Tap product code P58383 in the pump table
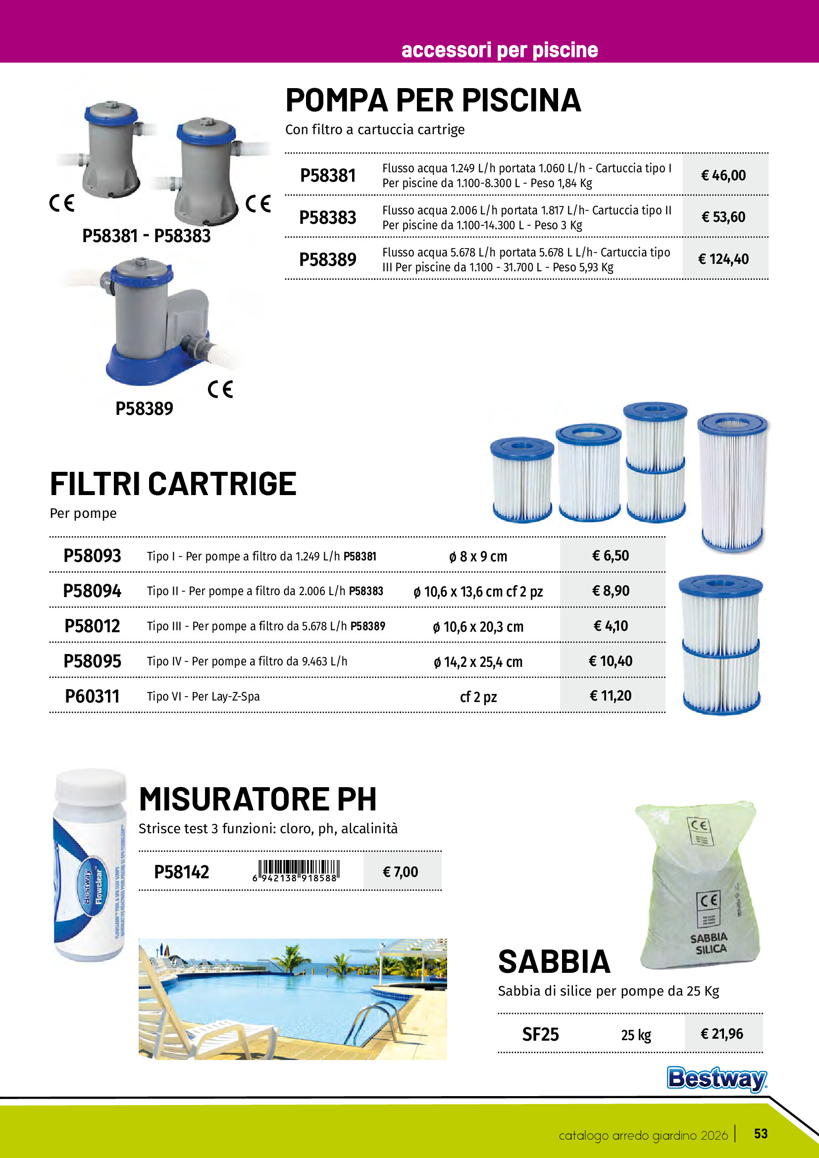click(x=328, y=218)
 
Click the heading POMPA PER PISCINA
click(x=433, y=101)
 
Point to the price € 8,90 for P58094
click(x=611, y=591)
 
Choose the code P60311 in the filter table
click(x=92, y=697)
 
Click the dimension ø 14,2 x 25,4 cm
click(x=478, y=662)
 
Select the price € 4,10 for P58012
click(x=611, y=626)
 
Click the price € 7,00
click(x=401, y=872)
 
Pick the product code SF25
click(x=540, y=1034)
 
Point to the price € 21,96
click(x=721, y=1034)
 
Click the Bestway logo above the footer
click(x=717, y=1078)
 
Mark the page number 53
click(x=761, y=1134)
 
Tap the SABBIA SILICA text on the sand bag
click(x=710, y=944)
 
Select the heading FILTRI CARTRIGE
click(x=173, y=484)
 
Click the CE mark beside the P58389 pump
click(x=220, y=389)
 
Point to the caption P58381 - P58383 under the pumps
click(x=146, y=236)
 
